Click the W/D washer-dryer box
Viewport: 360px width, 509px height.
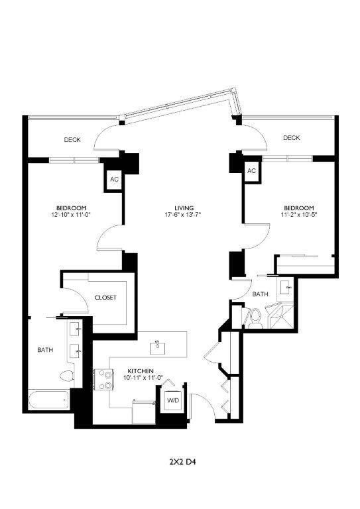[x=172, y=401]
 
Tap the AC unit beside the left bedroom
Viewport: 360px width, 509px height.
[x=114, y=180]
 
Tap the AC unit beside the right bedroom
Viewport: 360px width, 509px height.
[x=251, y=171]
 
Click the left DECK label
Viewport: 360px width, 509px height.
[x=72, y=140]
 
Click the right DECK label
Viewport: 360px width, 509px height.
[x=291, y=138]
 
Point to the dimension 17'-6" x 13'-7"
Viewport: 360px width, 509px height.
[x=183, y=215]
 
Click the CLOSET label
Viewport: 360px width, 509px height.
[x=105, y=298]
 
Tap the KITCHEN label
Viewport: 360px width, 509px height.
[x=141, y=370]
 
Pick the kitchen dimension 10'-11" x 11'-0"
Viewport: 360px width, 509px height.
[x=141, y=378]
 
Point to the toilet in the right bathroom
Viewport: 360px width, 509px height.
[x=253, y=317]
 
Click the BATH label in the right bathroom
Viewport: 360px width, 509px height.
[x=260, y=294]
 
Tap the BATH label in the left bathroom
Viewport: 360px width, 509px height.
[x=45, y=349]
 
